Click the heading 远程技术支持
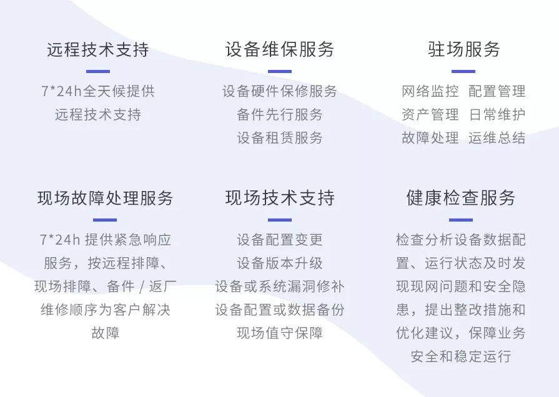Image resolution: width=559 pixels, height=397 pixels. (98, 49)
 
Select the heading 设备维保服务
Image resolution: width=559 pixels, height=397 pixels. (280, 49)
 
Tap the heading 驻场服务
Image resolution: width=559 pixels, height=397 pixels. (464, 49)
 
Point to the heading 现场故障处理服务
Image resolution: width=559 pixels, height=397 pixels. (105, 198)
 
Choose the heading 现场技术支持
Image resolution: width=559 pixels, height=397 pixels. (280, 198)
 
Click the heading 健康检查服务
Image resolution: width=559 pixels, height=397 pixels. (460, 198)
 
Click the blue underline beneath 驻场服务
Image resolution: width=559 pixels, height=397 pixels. (463, 71)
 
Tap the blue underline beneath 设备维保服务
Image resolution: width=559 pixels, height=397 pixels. (280, 71)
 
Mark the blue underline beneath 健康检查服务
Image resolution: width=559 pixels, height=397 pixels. (460, 220)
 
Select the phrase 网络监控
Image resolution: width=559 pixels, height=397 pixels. (430, 91)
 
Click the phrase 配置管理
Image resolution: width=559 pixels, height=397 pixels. (497, 91)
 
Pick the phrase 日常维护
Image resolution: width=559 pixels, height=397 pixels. (497, 115)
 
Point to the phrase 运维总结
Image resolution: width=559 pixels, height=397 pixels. (497, 138)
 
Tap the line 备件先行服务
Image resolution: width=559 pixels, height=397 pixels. (280, 115)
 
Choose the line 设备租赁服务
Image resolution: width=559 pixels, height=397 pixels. (280, 138)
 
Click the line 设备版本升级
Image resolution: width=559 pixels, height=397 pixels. (280, 263)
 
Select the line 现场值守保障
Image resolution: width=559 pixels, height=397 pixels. (280, 333)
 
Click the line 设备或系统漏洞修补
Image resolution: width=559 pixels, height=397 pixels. (280, 287)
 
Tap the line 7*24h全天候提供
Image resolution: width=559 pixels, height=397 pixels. (98, 91)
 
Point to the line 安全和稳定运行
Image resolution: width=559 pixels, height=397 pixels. (460, 356)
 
